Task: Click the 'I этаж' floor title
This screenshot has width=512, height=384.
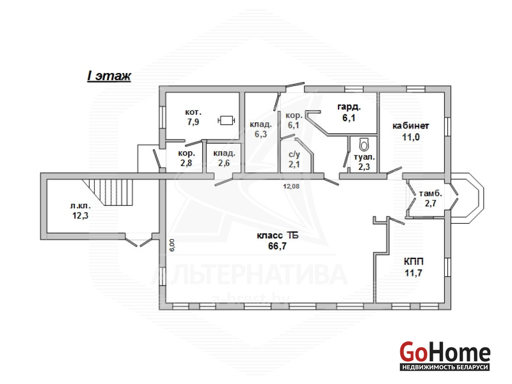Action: pos(109,76)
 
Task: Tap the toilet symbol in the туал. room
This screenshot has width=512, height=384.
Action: pos(364,144)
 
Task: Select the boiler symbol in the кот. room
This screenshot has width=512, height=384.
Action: pos(226,120)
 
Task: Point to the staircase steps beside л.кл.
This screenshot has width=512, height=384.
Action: pos(108,192)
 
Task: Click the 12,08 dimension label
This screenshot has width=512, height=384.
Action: pos(291,186)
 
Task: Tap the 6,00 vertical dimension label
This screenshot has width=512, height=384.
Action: pos(172,245)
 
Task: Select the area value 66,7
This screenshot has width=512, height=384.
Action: pos(277,246)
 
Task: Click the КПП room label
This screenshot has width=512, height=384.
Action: pos(414,262)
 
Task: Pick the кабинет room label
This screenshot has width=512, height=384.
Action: pos(411,126)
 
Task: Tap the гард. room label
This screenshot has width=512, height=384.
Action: pos(349,107)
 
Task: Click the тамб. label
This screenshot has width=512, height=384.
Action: pos(431,193)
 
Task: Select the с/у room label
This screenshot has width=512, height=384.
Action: pos(294,155)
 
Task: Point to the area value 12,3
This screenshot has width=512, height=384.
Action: pos(81,216)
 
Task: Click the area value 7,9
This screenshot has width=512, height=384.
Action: pos(193,122)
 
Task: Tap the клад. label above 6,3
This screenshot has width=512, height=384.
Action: pos(261,124)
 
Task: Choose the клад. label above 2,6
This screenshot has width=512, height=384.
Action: pos(224,154)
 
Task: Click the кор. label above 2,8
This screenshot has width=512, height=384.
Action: pos(186,153)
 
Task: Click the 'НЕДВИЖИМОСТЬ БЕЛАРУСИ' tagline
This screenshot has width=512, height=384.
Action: pos(445,367)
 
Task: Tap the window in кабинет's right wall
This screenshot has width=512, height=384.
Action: pos(448,126)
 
